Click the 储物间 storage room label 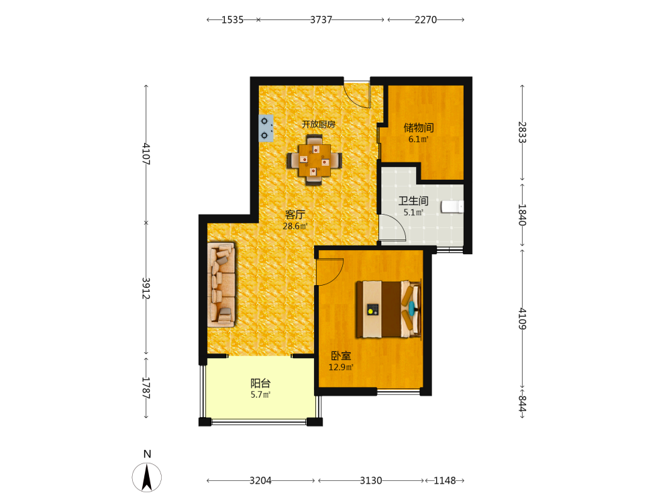pyautogui.click(x=419, y=127)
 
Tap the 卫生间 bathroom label pyautogui.click(x=413, y=201)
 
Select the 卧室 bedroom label pyautogui.click(x=341, y=356)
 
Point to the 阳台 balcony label pyautogui.click(x=260, y=383)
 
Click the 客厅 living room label pyautogui.click(x=295, y=215)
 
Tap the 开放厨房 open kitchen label pyautogui.click(x=318, y=124)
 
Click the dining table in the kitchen pyautogui.click(x=315, y=160)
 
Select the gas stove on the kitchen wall pyautogui.click(x=266, y=128)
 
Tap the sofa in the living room pyautogui.click(x=221, y=285)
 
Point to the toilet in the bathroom pyautogui.click(x=452, y=207)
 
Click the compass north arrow pyautogui.click(x=147, y=478)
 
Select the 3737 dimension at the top pyautogui.click(x=321, y=19)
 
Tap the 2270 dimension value pyautogui.click(x=426, y=19)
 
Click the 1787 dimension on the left pyautogui.click(x=146, y=388)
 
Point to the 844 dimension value pyautogui.click(x=522, y=404)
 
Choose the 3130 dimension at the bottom pyautogui.click(x=370, y=481)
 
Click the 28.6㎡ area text pyautogui.click(x=295, y=226)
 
